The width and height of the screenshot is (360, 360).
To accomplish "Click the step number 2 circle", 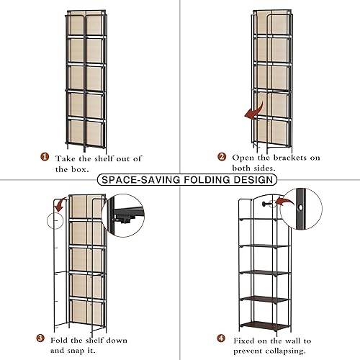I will [x=222, y=158].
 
